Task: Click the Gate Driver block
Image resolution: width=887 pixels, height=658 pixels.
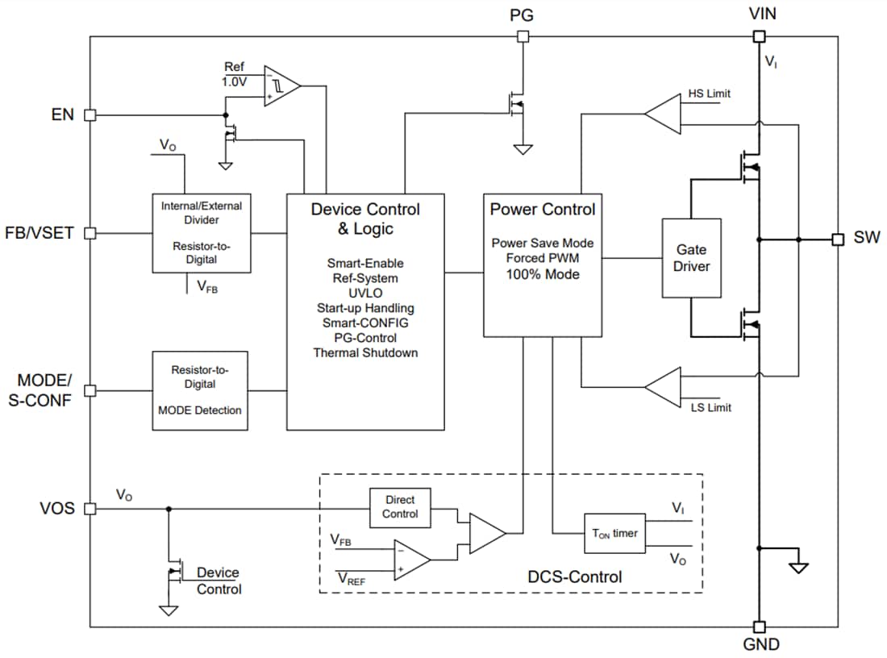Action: (691, 257)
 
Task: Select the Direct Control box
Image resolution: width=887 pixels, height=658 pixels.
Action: (400, 507)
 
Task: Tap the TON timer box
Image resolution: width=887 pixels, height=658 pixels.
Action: (614, 533)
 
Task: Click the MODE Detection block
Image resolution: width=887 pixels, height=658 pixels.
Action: (199, 390)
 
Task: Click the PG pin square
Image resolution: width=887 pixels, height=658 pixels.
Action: (523, 36)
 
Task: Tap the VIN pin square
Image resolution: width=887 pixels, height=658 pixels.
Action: (758, 36)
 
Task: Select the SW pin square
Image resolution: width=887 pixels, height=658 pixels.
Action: (838, 239)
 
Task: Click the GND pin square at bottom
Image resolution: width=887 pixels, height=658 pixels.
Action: (758, 627)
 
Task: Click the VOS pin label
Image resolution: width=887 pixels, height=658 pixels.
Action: (57, 509)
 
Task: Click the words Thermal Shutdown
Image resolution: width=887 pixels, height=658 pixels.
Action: (365, 352)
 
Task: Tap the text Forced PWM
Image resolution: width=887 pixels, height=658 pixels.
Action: (543, 258)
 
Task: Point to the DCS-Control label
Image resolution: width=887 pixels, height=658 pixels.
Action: (575, 577)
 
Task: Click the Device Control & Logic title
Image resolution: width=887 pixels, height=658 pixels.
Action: (365, 219)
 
